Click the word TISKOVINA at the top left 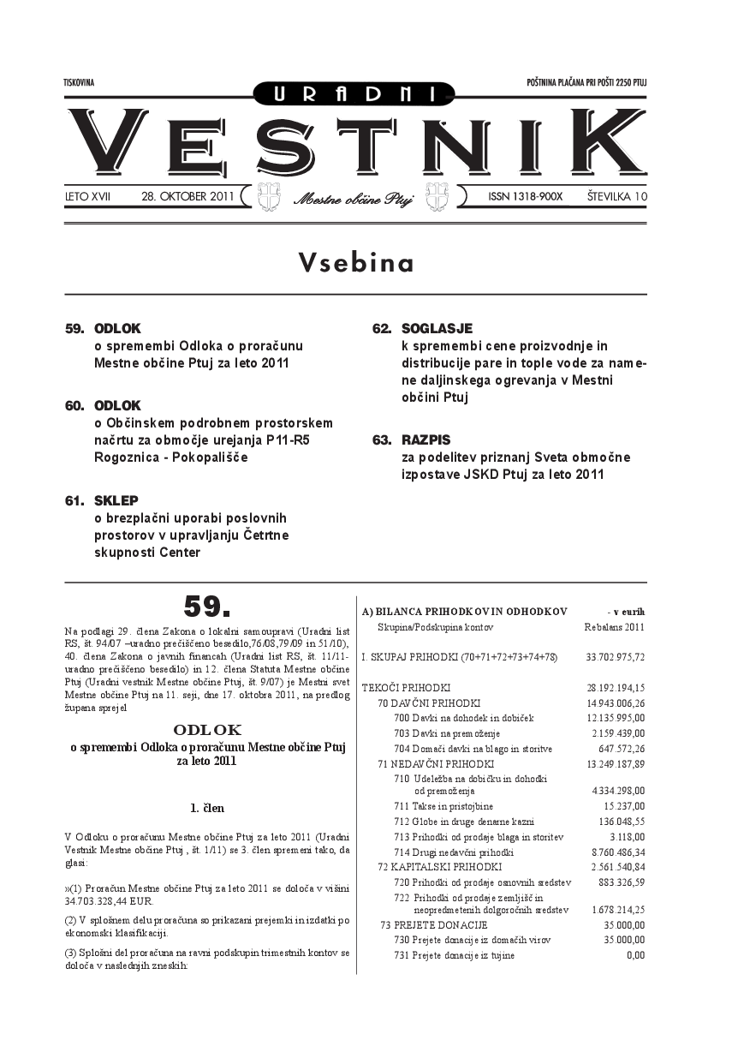coord(79,82)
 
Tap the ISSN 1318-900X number coord(526,197)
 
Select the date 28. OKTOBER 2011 coord(187,197)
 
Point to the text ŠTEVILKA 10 coord(616,197)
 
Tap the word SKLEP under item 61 coord(116,500)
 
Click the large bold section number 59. coord(207,606)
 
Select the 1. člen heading coord(207,807)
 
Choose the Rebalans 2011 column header coord(614,627)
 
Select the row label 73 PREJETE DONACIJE coord(433,925)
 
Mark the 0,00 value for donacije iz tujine coord(635,955)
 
